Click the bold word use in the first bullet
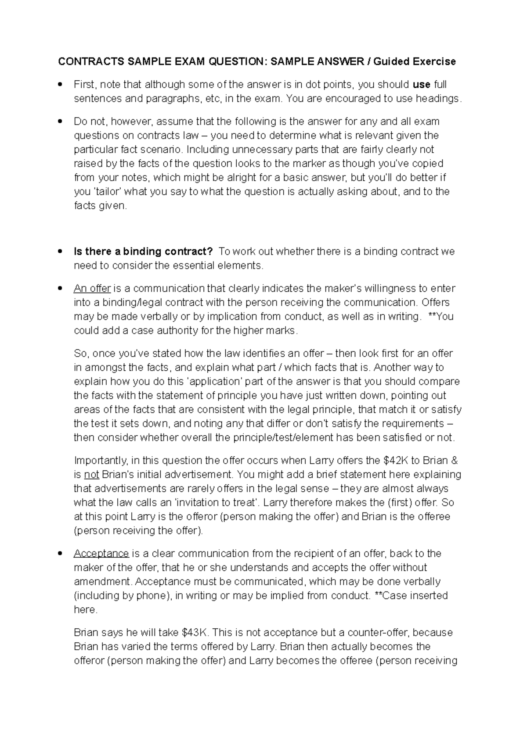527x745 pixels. click(422, 84)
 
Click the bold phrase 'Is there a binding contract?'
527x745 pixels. click(143, 251)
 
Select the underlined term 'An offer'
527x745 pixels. click(92, 288)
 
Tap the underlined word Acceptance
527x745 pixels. click(101, 553)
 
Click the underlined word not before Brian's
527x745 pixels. click(92, 474)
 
